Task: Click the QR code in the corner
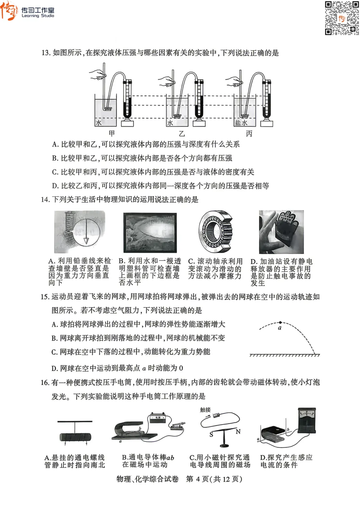point(342,18)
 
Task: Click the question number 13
point(45,53)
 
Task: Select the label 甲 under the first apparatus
point(112,133)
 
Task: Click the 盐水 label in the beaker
point(241,123)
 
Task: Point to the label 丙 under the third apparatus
point(249,134)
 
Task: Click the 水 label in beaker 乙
point(170,123)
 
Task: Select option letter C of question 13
point(55,172)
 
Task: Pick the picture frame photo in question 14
point(150,232)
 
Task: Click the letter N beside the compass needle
point(238,432)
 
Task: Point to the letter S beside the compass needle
point(211,435)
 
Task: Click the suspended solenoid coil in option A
point(75,437)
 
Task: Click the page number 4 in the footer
point(198,479)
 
